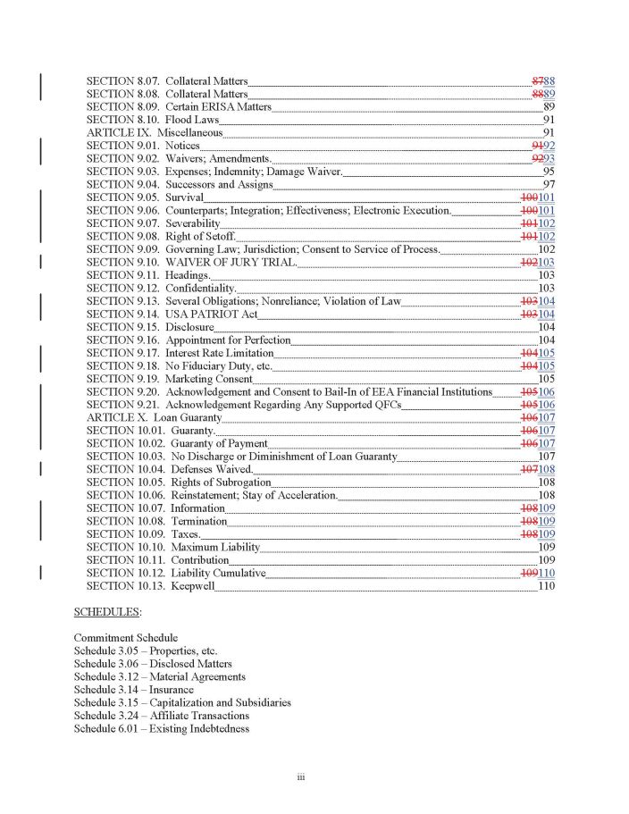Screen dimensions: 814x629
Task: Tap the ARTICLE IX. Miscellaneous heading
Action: [x=155, y=133]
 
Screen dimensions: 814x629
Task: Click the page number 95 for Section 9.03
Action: [x=549, y=172]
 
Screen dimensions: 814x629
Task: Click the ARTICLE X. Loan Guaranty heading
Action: [x=154, y=418]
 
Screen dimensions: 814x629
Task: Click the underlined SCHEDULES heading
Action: [x=106, y=613]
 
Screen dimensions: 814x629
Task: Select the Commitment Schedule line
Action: [x=125, y=638]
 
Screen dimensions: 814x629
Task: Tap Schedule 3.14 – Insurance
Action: [x=134, y=690]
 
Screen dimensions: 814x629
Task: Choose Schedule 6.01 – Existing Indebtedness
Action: [x=162, y=729]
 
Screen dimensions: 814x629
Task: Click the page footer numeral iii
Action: [x=302, y=779]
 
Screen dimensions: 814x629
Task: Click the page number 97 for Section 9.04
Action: [x=549, y=185]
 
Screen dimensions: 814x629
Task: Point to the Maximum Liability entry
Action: [x=215, y=547]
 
